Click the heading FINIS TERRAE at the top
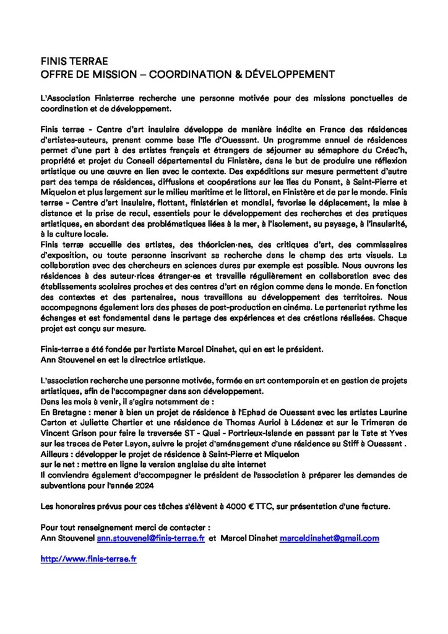[x=74, y=62]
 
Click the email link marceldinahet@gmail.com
[x=329, y=539]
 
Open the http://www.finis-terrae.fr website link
[x=88, y=558]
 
